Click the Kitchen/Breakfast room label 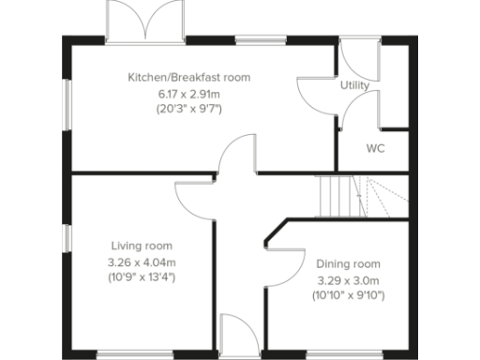[x=189, y=77]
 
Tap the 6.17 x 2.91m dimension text [x=188, y=94]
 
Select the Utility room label [x=354, y=85]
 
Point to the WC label [x=375, y=149]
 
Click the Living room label [x=142, y=246]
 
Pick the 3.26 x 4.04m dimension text [x=142, y=262]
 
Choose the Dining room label [x=348, y=263]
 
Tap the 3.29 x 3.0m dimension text [x=348, y=279]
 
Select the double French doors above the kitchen [x=142, y=21]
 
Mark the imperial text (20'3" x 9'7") [x=188, y=110]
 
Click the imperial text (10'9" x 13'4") [x=142, y=277]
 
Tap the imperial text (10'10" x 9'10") [x=348, y=295]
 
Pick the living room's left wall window [x=67, y=238]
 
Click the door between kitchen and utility [x=312, y=91]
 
